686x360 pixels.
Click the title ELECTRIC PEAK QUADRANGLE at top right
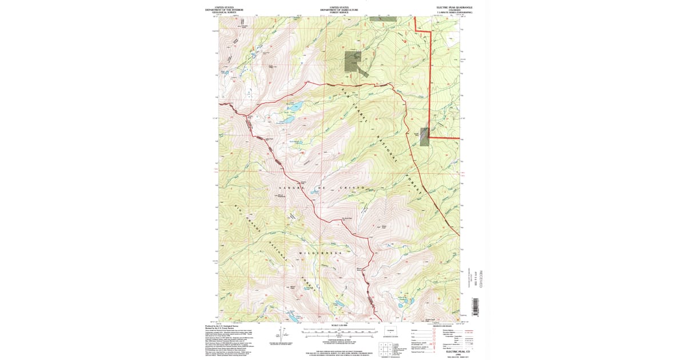[455, 7]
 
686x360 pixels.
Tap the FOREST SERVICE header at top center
[339, 12]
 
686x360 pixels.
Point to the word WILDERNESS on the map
[320, 253]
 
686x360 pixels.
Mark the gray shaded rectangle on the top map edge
[382, 18]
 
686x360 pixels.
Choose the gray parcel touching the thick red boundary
[424, 137]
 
